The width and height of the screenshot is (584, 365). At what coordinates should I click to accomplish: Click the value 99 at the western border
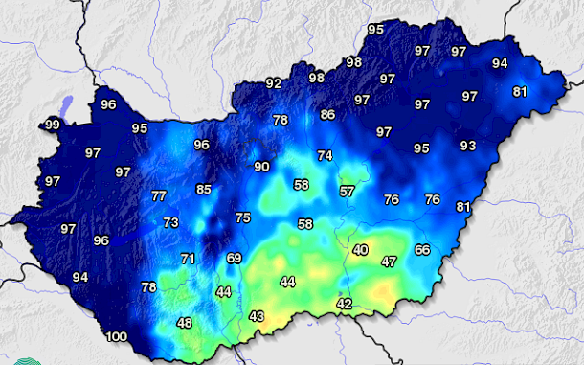pyautogui.click(x=52, y=125)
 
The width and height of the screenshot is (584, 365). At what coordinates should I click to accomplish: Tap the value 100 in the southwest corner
pyautogui.click(x=116, y=336)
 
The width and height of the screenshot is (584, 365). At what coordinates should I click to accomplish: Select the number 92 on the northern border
pyautogui.click(x=274, y=84)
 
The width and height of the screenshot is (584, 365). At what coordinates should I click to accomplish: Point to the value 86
pyautogui.click(x=327, y=115)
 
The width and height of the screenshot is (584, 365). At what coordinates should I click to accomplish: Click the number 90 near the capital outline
pyautogui.click(x=261, y=167)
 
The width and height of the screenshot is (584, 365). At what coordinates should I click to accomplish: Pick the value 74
pyautogui.click(x=326, y=155)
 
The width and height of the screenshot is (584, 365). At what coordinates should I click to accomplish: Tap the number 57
pyautogui.click(x=347, y=192)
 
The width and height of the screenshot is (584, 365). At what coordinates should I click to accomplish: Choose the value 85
pyautogui.click(x=204, y=190)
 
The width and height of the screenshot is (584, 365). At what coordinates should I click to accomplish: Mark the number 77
pyautogui.click(x=159, y=196)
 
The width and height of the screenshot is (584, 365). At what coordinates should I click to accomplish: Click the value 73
pyautogui.click(x=170, y=222)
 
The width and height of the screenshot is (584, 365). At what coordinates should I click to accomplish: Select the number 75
pyautogui.click(x=243, y=218)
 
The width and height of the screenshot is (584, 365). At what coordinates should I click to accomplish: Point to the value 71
pyautogui.click(x=188, y=259)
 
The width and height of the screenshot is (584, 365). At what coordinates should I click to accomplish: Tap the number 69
pyautogui.click(x=234, y=259)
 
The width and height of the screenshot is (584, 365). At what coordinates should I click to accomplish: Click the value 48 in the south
pyautogui.click(x=184, y=323)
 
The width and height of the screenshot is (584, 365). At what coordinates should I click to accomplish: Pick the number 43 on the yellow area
pyautogui.click(x=256, y=316)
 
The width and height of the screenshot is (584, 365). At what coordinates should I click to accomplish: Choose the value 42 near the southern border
pyautogui.click(x=345, y=304)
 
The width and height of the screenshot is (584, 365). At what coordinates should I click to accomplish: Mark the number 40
pyautogui.click(x=360, y=250)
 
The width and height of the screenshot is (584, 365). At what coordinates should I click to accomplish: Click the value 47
pyautogui.click(x=389, y=262)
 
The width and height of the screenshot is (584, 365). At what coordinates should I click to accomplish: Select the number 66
pyautogui.click(x=422, y=250)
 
